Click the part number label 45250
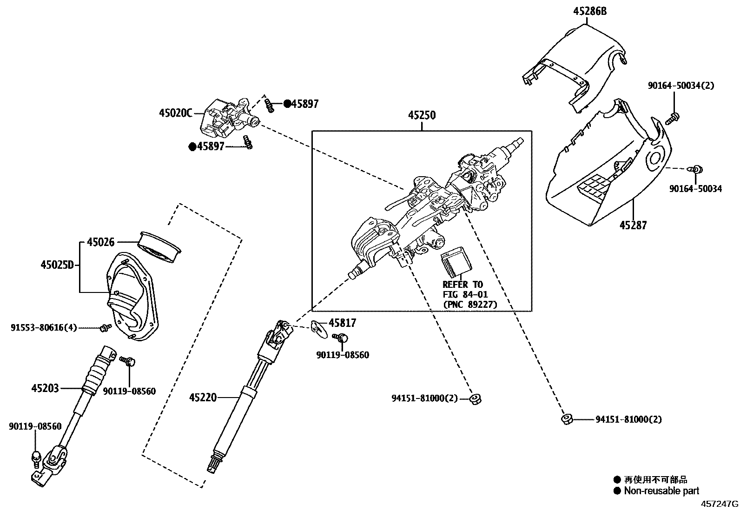pos(422,115)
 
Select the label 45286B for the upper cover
pos(589,11)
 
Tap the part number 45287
pos(633,226)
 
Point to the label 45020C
pos(175,113)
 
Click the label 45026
pos(100,242)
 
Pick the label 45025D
pos(57,265)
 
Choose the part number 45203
pos(45,388)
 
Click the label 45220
pos(203,398)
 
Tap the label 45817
pos(343,323)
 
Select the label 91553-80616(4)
pos(44,328)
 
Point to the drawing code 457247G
pos(719,504)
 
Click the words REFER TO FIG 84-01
pos(463,289)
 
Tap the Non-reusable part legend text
pos(661,491)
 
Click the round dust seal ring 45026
pos(159,246)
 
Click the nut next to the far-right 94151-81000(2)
pos(566,419)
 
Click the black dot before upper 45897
pos(287,104)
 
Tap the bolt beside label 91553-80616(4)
pos(105,328)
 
